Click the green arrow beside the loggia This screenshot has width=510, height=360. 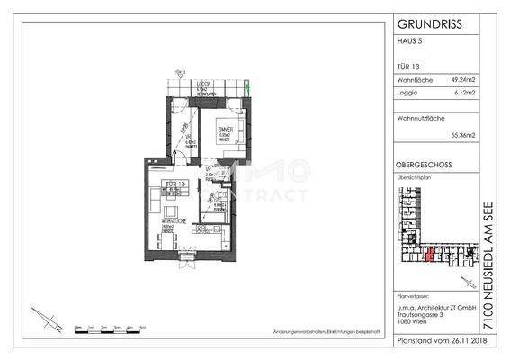coord(249,88)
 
